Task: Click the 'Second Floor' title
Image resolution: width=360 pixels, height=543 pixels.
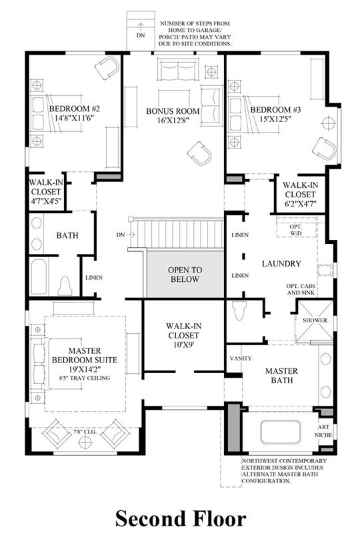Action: tap(181, 519)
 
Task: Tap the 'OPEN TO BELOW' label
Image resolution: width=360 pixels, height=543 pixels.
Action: tap(185, 274)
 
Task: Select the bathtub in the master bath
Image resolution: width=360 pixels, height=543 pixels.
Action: tap(280, 432)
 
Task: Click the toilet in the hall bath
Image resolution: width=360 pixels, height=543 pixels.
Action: tap(65, 286)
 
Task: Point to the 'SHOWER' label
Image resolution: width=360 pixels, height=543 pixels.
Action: tap(315, 320)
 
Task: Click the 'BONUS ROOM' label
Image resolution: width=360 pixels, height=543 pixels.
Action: tap(173, 111)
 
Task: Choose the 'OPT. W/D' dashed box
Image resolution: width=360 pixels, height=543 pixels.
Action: tap(297, 229)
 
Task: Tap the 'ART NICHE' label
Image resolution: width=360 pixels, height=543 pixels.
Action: tap(323, 431)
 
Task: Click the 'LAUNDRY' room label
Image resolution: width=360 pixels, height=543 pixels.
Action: tap(281, 264)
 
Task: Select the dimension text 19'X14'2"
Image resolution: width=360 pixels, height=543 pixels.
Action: tap(85, 369)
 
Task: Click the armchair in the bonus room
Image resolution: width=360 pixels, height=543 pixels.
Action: tap(199, 153)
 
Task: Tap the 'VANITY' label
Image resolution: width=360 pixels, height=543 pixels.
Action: tap(241, 358)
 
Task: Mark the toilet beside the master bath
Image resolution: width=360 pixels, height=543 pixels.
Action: tap(240, 311)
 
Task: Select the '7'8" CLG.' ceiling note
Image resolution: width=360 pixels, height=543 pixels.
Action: tap(85, 432)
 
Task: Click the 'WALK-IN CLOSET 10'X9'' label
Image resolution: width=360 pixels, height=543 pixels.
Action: tap(183, 335)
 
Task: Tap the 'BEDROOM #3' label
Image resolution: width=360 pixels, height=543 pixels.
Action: tap(276, 110)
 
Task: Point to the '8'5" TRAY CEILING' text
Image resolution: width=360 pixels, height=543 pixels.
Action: tap(85, 378)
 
